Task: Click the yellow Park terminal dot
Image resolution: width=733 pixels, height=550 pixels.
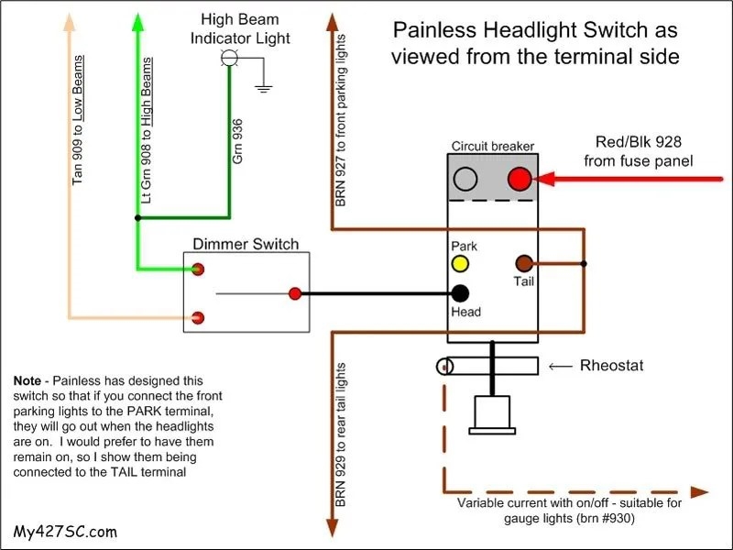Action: point(459,265)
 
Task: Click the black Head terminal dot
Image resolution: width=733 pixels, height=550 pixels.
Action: point(460,293)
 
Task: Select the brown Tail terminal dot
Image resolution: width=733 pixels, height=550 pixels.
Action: point(525,264)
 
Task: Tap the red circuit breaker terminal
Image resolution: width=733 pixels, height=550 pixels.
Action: point(520,178)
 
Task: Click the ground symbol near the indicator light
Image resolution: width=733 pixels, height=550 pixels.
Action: point(264,89)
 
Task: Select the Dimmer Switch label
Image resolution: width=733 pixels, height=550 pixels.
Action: point(246,244)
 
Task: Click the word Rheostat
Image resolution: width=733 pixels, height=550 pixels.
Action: point(611,366)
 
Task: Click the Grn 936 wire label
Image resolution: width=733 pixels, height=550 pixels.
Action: point(237,142)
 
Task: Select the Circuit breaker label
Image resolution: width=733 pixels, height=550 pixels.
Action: point(492,147)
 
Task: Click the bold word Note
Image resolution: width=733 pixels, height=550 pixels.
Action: point(31,379)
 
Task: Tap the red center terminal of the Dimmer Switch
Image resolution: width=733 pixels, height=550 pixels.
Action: point(295,293)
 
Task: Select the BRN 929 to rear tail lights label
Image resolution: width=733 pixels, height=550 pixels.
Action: point(339,435)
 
